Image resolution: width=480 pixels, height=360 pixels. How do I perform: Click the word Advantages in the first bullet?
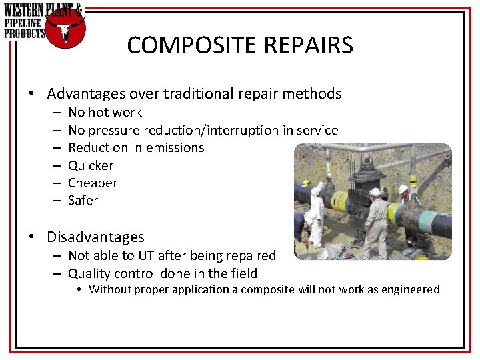pyautogui.click(x=86, y=94)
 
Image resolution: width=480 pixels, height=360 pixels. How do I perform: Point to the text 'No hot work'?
pyautogui.click(x=105, y=113)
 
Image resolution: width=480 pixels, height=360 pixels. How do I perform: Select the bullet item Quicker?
pyautogui.click(x=91, y=165)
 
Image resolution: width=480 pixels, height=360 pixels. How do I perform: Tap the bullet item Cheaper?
pyautogui.click(x=93, y=183)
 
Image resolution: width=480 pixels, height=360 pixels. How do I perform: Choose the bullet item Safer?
pyautogui.click(x=83, y=200)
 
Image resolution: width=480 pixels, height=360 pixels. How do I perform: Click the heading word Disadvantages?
pyautogui.click(x=95, y=237)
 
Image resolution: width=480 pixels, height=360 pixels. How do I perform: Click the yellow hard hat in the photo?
pyautogui.click(x=306, y=183)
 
